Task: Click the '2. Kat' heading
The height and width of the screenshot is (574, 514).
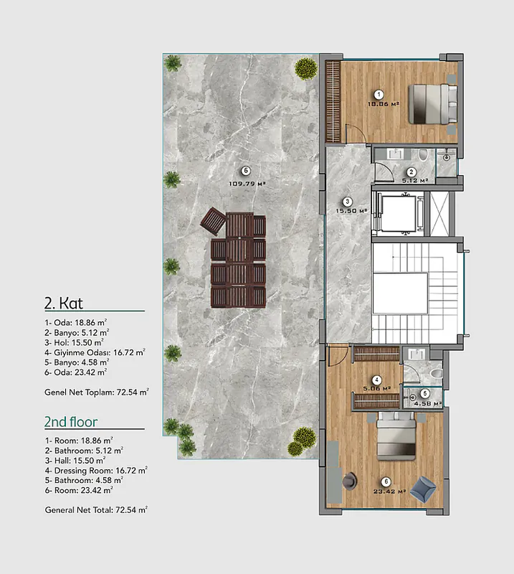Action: (64, 303)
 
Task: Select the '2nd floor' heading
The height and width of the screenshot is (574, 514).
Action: (71, 422)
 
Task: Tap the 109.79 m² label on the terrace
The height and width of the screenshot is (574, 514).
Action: (247, 184)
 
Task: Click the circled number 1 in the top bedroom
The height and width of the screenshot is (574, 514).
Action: (379, 95)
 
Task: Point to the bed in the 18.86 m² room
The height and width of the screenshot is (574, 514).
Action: (433, 104)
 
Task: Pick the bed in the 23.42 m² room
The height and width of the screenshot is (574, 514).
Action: (396, 436)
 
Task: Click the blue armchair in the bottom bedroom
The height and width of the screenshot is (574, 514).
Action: (423, 489)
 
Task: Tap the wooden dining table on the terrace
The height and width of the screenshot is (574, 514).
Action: (239, 260)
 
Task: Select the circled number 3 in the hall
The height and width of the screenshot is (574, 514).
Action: (347, 202)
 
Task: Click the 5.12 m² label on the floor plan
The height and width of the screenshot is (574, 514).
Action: (415, 181)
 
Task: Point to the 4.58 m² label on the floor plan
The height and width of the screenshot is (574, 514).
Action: (428, 404)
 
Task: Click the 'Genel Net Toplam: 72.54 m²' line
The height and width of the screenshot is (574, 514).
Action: (97, 392)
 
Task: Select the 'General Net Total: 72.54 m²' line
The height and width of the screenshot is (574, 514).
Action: (96, 510)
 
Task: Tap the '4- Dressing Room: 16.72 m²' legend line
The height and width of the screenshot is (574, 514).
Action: (96, 471)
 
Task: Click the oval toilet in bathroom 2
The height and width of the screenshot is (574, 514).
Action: (423, 154)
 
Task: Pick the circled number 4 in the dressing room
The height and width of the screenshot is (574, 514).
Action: (376, 380)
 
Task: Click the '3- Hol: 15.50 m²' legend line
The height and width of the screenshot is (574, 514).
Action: (75, 343)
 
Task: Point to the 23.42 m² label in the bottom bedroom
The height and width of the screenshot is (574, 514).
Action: (389, 491)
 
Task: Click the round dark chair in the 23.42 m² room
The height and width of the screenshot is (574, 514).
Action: (350, 481)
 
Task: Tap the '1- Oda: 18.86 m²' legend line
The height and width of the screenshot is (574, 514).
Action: (76, 322)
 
